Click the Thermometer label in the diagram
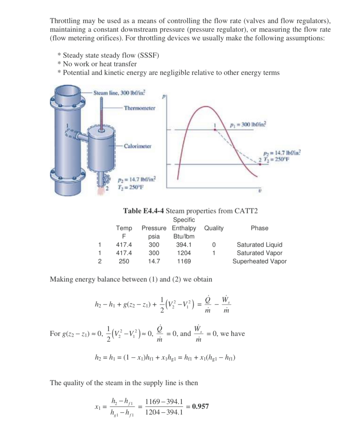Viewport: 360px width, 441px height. point(139,108)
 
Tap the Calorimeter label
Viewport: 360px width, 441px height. point(137,146)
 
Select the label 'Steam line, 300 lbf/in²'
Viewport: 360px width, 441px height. point(119,93)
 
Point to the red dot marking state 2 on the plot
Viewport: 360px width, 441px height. point(259,164)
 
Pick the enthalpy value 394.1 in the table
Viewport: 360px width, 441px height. point(184,245)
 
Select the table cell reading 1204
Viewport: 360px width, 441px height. point(184,253)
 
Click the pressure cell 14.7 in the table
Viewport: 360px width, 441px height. point(154,261)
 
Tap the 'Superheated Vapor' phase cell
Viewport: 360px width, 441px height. point(259,261)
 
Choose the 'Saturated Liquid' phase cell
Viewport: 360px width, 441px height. point(259,245)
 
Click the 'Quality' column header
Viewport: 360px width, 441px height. point(214,228)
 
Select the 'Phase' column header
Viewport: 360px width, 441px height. point(259,228)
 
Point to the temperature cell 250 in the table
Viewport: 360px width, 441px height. point(124,261)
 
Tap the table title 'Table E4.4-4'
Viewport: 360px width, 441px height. point(144,210)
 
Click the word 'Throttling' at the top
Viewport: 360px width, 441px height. point(65,21)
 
